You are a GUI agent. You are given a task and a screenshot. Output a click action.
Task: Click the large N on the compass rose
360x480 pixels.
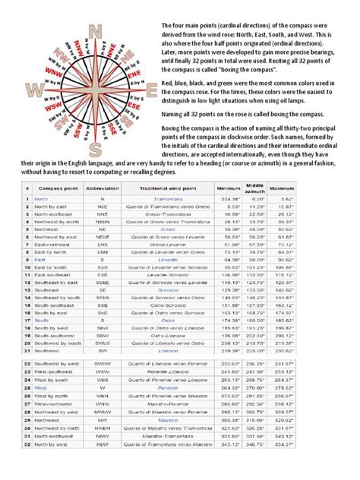point(96,31)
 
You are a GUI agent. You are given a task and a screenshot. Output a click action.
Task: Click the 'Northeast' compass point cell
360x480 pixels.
point(49,229)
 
